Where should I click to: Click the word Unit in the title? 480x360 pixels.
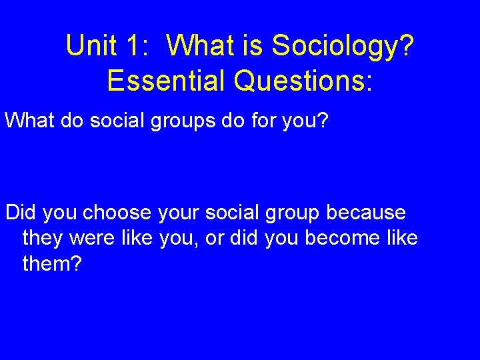click(89, 45)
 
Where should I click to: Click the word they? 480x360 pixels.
click(43, 239)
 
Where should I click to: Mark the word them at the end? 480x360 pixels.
click(51, 264)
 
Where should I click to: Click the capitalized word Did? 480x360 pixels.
click(21, 213)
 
